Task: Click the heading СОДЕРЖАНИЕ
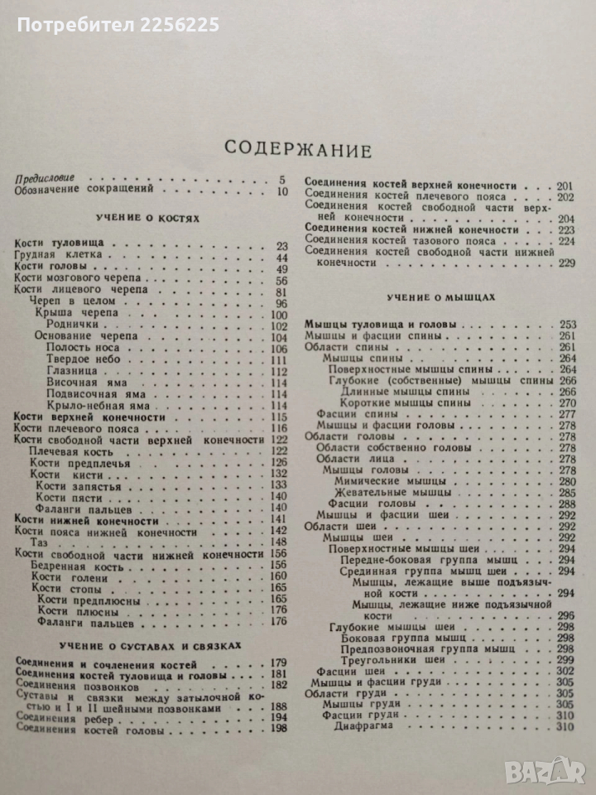click(x=299, y=149)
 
